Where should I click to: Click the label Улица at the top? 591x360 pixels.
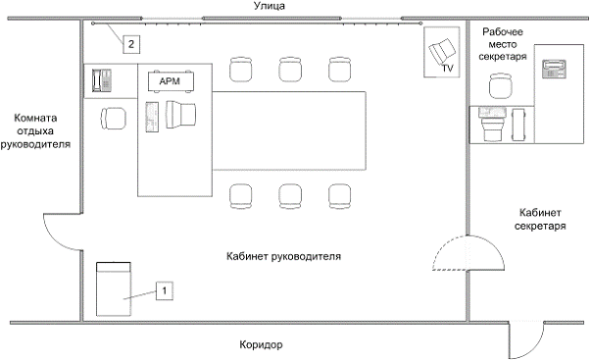(270, 6)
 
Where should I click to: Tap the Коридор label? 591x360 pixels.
(261, 344)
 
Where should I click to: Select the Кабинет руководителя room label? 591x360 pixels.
(283, 256)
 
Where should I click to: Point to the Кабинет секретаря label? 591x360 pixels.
(540, 220)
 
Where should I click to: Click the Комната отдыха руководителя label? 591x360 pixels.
(35, 130)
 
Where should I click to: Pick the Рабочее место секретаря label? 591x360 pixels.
(503, 44)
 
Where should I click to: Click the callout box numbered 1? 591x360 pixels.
(165, 290)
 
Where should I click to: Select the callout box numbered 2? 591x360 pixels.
(130, 44)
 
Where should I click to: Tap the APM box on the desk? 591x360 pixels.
(171, 80)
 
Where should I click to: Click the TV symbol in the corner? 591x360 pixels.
(442, 52)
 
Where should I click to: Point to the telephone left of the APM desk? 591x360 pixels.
(102, 80)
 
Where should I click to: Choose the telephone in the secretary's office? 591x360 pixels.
(554, 69)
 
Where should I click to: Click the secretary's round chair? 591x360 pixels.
(501, 86)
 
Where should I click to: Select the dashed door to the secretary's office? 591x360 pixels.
(468, 253)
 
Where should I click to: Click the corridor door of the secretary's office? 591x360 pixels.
(526, 340)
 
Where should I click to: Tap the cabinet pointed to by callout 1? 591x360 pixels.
(114, 289)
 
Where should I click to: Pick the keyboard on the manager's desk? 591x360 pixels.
(152, 117)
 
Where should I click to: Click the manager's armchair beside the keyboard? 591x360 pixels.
(181, 115)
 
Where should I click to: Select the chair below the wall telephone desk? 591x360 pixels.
(114, 118)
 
